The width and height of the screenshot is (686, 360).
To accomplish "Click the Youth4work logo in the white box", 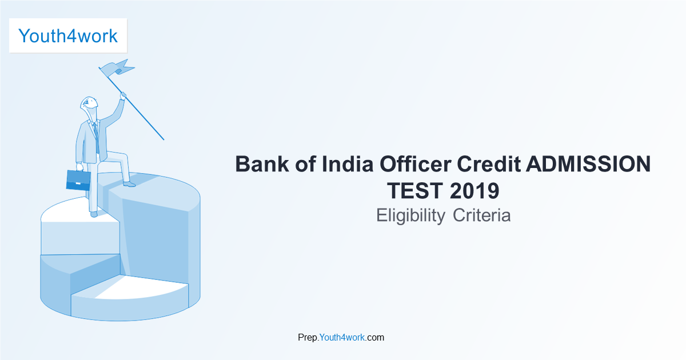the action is pos(68,36).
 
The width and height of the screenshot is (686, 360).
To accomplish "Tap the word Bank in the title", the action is pos(262,164).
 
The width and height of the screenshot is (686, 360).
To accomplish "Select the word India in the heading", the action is pos(348,164).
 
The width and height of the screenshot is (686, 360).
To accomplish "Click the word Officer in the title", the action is pos(416,164).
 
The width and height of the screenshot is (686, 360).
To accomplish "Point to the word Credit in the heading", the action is pos(489,164).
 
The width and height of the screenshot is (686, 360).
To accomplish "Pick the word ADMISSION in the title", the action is pos(588,164).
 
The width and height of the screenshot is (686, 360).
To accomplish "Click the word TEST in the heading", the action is pos(415,191).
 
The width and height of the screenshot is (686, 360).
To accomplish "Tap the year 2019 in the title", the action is pos(474,191).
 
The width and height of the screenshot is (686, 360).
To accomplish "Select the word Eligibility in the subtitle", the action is pos(410,215).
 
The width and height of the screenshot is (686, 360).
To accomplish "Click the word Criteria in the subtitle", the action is pos(482,215).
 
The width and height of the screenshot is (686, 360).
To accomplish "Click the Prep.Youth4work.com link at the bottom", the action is pos(341,337).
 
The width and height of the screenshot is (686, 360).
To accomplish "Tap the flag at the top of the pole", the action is pos(117,67).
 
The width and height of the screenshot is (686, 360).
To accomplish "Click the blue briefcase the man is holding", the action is pos(78,180).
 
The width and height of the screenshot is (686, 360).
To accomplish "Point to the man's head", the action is pos(89,103).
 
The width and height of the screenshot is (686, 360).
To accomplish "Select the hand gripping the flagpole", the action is pos(123,96).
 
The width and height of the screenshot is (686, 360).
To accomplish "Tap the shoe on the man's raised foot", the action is pos(129,184).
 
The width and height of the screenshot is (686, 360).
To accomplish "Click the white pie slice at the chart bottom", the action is pos(141,288).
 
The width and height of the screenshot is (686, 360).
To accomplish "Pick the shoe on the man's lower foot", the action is pos(94,214).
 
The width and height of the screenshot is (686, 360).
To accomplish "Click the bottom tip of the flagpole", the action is pos(164,140).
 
